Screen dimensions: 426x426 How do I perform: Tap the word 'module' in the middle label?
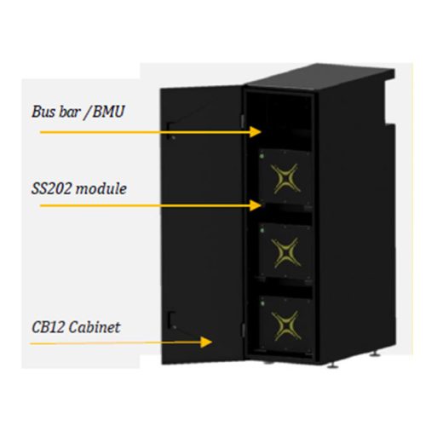pyautogui.click(x=101, y=187)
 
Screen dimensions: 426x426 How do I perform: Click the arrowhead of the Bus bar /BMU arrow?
pyautogui.click(x=258, y=131)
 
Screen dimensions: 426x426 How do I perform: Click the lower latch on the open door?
pyautogui.click(x=171, y=319)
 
